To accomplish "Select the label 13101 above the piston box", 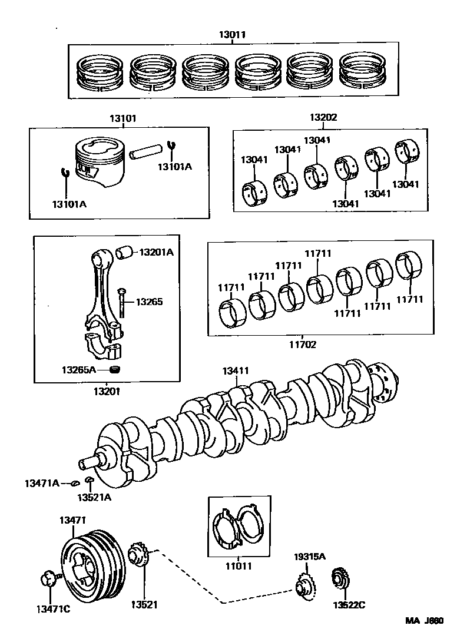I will (x=122, y=118).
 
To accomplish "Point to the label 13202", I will (x=323, y=118).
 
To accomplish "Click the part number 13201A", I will (x=156, y=252).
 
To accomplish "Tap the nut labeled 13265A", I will (x=115, y=370).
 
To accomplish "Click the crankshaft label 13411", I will (x=236, y=371).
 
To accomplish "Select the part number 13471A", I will (x=41, y=483).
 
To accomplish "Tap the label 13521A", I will (x=94, y=497).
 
